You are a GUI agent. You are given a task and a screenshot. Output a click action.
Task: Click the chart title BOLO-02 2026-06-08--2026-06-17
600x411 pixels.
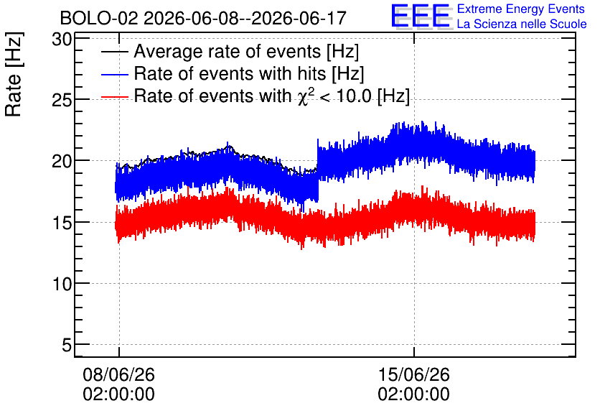[203, 18]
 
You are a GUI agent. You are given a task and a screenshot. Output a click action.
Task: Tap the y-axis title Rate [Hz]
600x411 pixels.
[14, 74]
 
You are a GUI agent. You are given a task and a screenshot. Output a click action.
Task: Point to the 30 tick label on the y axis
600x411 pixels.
[62, 39]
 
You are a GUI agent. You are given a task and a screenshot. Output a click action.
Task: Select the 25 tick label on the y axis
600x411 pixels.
[62, 100]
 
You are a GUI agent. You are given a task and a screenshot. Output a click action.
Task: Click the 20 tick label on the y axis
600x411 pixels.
[62, 161]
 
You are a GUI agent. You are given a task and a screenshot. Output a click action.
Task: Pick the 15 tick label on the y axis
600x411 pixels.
[62, 223]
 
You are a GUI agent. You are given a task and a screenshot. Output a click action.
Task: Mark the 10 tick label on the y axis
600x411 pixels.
[62, 284]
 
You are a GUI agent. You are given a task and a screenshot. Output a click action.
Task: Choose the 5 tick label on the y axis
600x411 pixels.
[67, 345]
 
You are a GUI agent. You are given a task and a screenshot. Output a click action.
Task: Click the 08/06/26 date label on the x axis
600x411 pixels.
[118, 374]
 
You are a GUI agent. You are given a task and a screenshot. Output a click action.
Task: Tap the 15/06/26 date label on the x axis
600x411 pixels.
[413, 374]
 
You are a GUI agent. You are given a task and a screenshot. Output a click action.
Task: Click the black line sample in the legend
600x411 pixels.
[114, 52]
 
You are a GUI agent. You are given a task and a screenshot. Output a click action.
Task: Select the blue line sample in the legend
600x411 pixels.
[114, 74]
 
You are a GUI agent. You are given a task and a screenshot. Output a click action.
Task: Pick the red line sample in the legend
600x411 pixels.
[114, 96]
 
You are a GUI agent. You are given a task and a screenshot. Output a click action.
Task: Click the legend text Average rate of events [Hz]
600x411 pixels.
[246, 52]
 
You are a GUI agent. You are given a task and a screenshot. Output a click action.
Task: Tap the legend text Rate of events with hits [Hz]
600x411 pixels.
[249, 73]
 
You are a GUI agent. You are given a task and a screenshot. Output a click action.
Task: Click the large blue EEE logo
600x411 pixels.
[421, 16]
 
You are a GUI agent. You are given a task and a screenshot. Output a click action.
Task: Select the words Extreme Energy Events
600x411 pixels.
[521, 9]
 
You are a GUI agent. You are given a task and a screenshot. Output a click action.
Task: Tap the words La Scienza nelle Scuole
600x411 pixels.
[522, 24]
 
